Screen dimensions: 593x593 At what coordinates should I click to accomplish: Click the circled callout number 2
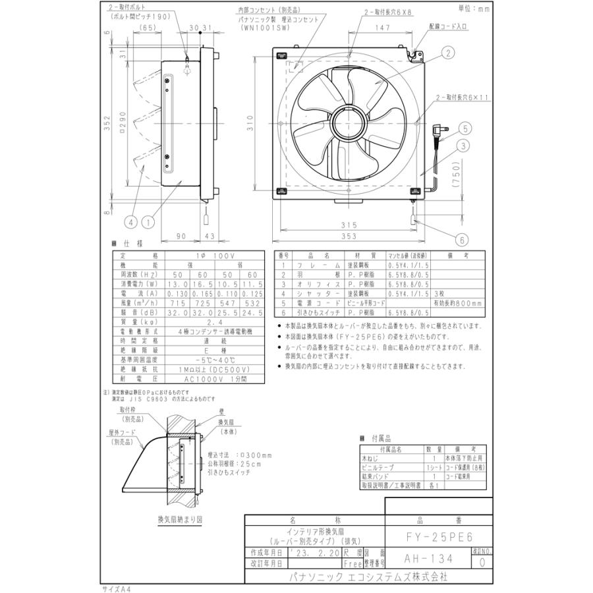pyautogui.click(x=447, y=53)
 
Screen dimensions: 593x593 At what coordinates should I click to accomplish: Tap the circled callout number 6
pyautogui.click(x=463, y=240)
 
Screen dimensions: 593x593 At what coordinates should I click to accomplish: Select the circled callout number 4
pyautogui.click(x=130, y=223)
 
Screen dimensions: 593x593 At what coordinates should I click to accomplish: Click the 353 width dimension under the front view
pyautogui.click(x=349, y=236)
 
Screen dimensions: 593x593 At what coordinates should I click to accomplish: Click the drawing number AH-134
pyautogui.click(x=428, y=559)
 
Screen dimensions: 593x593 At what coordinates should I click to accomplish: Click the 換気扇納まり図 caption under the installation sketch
pyautogui.click(x=180, y=519)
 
